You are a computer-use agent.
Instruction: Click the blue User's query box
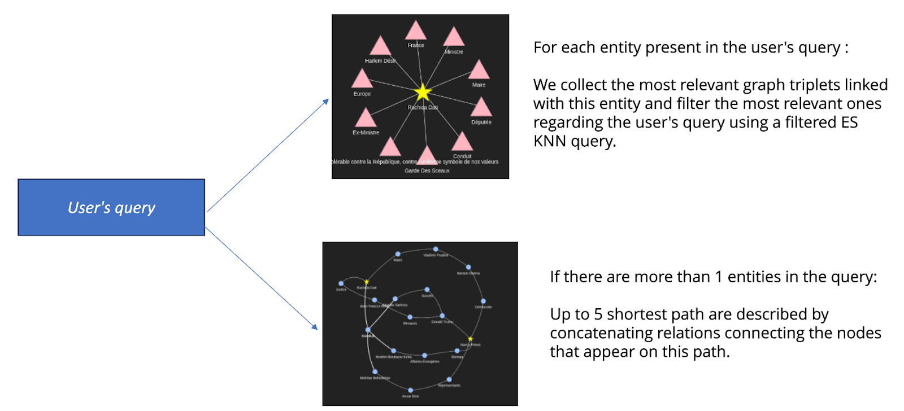(111, 207)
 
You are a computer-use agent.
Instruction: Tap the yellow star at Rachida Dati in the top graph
(423, 93)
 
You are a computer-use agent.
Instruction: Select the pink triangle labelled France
(416, 32)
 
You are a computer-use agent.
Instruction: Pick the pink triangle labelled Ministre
(454, 37)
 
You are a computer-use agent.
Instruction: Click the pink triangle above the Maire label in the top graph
(479, 71)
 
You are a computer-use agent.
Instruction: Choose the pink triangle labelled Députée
(481, 108)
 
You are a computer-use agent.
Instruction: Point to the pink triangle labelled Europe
(362, 80)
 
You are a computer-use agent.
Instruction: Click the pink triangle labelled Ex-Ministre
(366, 119)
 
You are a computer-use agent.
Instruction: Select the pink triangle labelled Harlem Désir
(380, 47)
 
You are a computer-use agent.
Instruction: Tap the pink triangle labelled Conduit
(462, 142)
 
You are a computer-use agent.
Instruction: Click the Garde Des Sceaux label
(427, 170)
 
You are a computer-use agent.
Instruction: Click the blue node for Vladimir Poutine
(436, 249)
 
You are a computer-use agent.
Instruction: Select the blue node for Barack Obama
(468, 267)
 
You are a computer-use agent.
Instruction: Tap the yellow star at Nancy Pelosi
(470, 339)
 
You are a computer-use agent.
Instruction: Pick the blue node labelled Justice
(341, 283)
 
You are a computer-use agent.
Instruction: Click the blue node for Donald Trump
(442, 316)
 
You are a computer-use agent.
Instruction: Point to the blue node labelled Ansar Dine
(411, 390)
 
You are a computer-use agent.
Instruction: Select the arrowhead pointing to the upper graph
(326, 101)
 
